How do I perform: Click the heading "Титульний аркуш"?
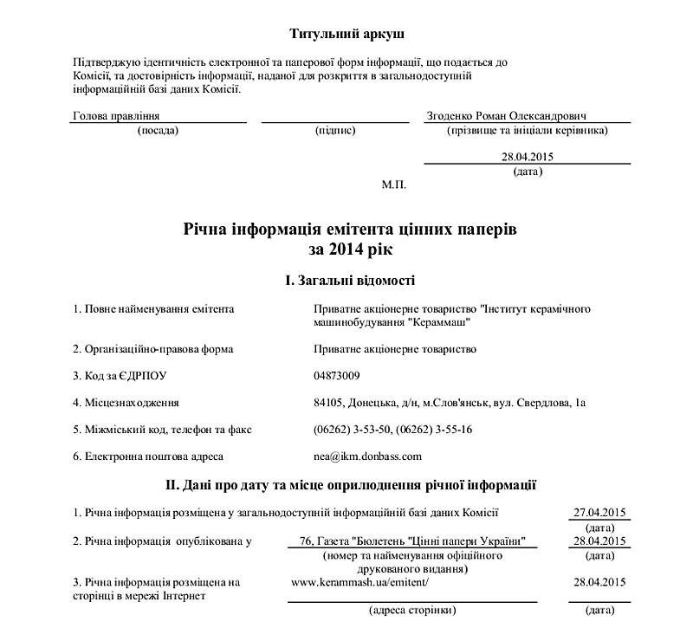(x=346, y=34)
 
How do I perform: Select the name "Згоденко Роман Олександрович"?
(x=507, y=115)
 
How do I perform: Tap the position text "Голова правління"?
(x=116, y=115)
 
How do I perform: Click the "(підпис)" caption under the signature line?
(x=336, y=131)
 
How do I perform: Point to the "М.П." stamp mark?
(x=393, y=185)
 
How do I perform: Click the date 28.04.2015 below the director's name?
(x=527, y=157)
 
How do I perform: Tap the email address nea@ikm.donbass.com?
(x=368, y=455)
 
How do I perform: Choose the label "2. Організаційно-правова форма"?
(x=153, y=349)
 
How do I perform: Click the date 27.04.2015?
(x=599, y=512)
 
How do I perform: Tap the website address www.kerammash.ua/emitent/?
(x=359, y=582)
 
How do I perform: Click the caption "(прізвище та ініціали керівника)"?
(x=526, y=131)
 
